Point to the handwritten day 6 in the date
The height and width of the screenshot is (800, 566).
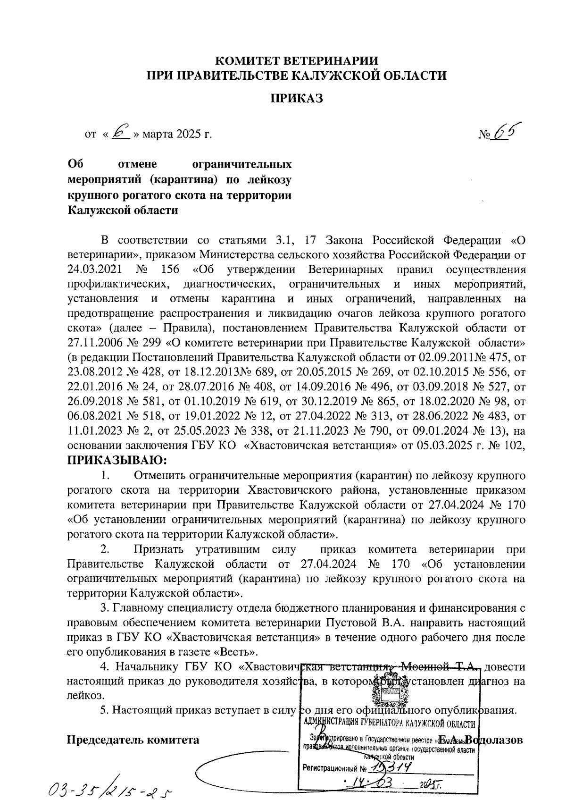click(122, 133)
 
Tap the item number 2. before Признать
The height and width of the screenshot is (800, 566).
click(105, 549)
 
